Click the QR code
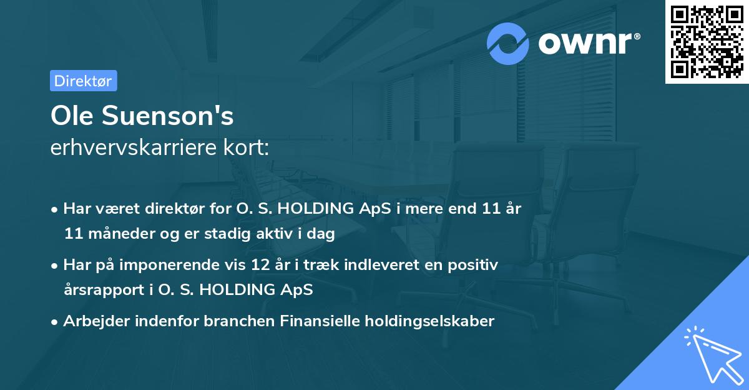click(707, 41)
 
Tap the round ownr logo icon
click(508, 43)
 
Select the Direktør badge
click(83, 81)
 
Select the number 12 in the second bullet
click(255, 265)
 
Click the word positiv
click(476, 265)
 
